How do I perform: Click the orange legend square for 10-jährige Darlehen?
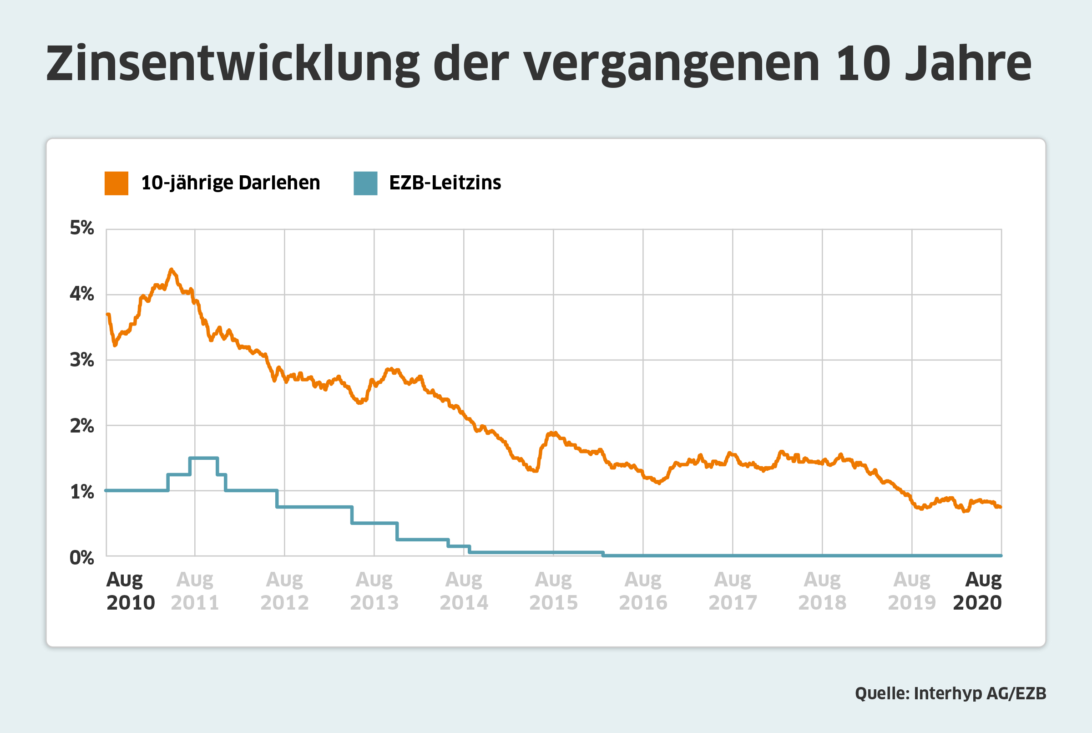click(x=116, y=183)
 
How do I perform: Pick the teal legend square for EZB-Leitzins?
click(x=365, y=183)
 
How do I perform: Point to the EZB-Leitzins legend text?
click(x=445, y=183)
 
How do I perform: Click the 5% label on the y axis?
click(x=82, y=228)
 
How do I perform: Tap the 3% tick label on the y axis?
click(x=82, y=360)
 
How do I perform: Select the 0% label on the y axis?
click(x=82, y=558)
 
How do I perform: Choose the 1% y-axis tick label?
click(x=82, y=492)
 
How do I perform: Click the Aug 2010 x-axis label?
click(x=130, y=591)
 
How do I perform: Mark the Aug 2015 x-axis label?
click(x=553, y=591)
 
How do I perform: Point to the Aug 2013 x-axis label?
click(x=374, y=591)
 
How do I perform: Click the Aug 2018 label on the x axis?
click(x=822, y=591)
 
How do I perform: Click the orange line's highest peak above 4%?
click(x=172, y=270)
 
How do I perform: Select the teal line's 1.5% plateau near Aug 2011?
click(x=204, y=458)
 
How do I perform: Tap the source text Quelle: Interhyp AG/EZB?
click(x=950, y=693)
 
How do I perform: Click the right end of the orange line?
click(x=1000, y=507)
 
